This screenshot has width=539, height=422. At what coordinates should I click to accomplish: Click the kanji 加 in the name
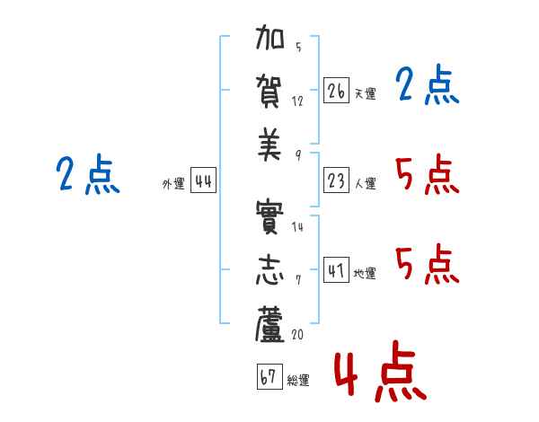click(269, 37)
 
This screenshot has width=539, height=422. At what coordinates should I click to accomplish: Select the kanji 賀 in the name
click(269, 92)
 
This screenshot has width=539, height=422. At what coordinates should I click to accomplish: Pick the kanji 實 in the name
click(269, 217)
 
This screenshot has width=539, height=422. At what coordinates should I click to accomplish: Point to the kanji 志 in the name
click(269, 269)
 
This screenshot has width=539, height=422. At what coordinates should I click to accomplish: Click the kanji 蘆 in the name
click(269, 324)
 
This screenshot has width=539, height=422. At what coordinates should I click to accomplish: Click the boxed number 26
click(336, 91)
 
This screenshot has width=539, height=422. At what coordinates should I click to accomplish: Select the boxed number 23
click(336, 180)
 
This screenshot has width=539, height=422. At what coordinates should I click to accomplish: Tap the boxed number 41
click(336, 269)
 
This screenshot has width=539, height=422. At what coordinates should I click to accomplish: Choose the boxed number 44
click(204, 180)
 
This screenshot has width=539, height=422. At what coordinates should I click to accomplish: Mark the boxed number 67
click(269, 376)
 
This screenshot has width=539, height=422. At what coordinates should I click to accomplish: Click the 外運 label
click(173, 184)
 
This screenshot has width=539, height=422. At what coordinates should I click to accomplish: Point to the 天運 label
click(366, 93)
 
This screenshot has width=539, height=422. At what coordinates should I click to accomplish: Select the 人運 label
click(366, 183)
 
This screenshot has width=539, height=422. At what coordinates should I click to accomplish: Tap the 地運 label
click(365, 274)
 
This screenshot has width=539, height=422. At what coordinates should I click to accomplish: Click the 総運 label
click(298, 381)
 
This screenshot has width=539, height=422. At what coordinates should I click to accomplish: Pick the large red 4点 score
click(380, 371)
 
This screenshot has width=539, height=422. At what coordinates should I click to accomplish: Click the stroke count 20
click(297, 334)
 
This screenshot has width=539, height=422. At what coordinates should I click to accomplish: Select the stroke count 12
click(297, 101)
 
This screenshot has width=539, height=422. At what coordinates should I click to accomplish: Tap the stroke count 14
click(297, 227)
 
